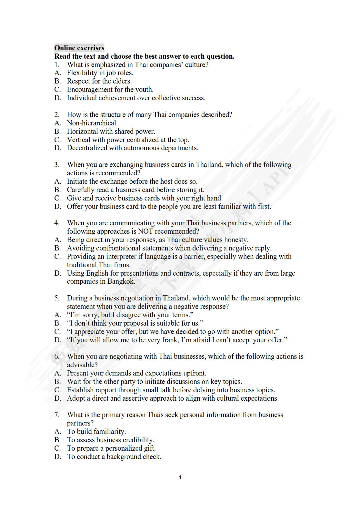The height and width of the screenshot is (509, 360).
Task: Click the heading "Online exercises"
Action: pos(79,48)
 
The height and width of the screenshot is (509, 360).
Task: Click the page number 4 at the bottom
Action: pos(180,477)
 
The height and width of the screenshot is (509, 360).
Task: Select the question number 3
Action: pos(57,165)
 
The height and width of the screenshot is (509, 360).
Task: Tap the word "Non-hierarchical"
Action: pos(92,123)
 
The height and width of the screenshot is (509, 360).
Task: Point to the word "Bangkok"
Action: pos(121,281)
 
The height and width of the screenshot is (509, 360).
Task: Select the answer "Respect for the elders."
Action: pos(99,81)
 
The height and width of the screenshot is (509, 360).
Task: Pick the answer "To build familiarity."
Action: pos(96,432)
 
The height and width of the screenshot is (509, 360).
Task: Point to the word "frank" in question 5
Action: pos(170,340)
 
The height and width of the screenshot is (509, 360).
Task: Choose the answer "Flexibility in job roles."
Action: pos(100,73)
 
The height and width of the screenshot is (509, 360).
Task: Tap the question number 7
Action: pos(57,415)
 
